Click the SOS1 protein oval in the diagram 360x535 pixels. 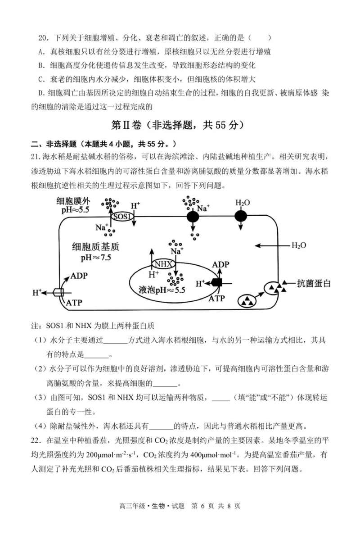[122, 217]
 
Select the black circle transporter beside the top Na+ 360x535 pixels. [193, 216]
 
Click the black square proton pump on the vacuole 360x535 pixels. [218, 283]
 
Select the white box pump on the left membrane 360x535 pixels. [58, 292]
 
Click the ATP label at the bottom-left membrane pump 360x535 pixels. [75, 303]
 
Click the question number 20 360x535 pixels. [43, 39]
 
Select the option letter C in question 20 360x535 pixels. [41, 79]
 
